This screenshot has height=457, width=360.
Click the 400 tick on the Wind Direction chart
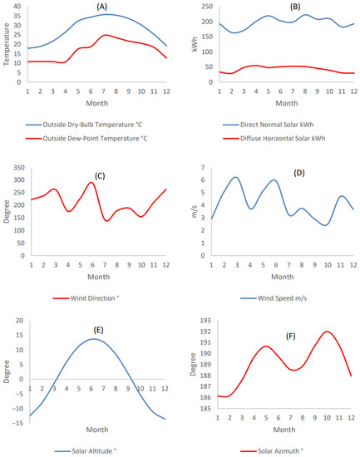pyautogui.click(x=16, y=166)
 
